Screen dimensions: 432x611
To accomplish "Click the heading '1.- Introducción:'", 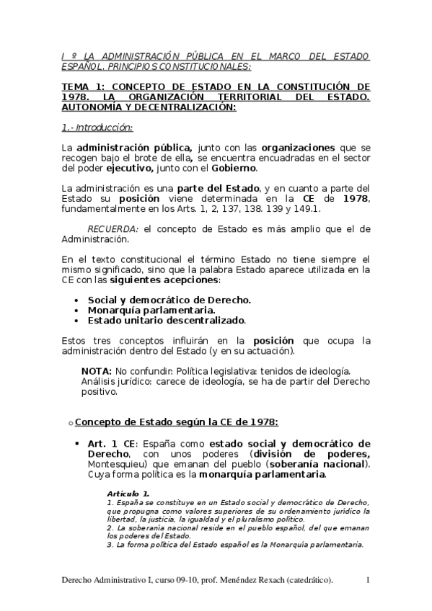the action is [x=97, y=128].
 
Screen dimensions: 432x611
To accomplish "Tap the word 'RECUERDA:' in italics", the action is [x=113, y=228].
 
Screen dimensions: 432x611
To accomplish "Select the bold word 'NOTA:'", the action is [x=97, y=369].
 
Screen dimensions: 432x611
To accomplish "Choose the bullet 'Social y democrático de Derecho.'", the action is [x=169, y=299].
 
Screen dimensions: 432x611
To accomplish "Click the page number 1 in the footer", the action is [x=368, y=580].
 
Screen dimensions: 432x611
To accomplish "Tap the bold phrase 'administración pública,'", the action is [x=135, y=147].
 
